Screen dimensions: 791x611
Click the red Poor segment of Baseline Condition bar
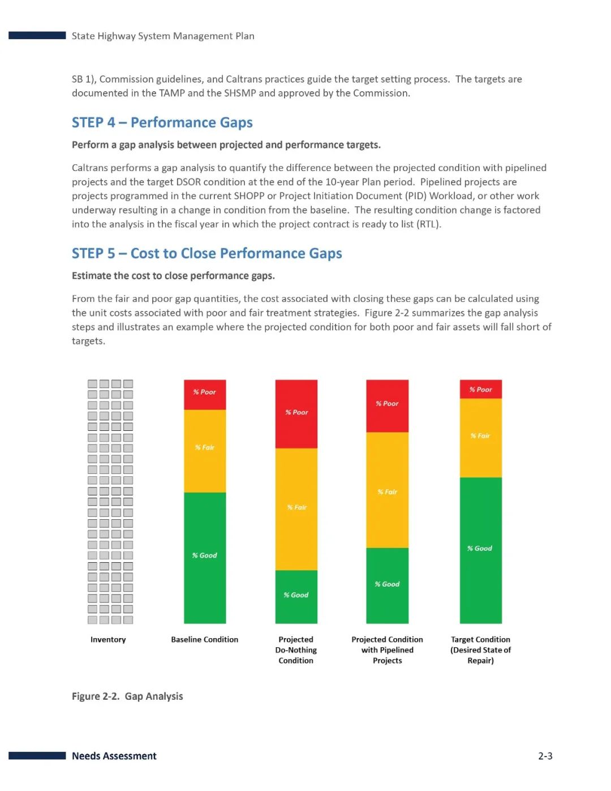(x=205, y=395)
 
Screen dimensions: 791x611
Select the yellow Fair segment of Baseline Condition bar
(x=205, y=451)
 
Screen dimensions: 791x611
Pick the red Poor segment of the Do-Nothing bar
(x=296, y=414)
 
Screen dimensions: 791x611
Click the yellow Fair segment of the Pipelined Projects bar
(x=387, y=490)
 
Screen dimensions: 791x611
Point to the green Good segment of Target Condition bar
(x=480, y=550)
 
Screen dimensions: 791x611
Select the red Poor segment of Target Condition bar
(x=480, y=389)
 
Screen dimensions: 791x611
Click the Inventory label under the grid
(x=108, y=639)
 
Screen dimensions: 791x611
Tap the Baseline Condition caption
(x=205, y=639)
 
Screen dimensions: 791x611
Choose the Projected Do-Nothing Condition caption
(x=296, y=650)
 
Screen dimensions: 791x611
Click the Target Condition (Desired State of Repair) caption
(x=480, y=650)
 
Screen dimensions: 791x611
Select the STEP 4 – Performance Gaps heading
(x=162, y=122)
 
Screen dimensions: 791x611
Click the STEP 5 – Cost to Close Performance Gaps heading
(x=206, y=253)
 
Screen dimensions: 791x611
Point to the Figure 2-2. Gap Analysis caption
(x=127, y=696)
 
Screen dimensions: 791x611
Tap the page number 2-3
(x=545, y=756)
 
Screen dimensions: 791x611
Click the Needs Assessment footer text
(x=114, y=756)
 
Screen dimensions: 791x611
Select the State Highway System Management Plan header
(x=163, y=36)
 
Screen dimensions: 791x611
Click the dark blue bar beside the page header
(x=37, y=35)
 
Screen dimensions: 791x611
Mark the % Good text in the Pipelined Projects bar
(x=387, y=584)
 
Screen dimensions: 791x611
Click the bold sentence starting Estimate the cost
(x=173, y=276)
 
